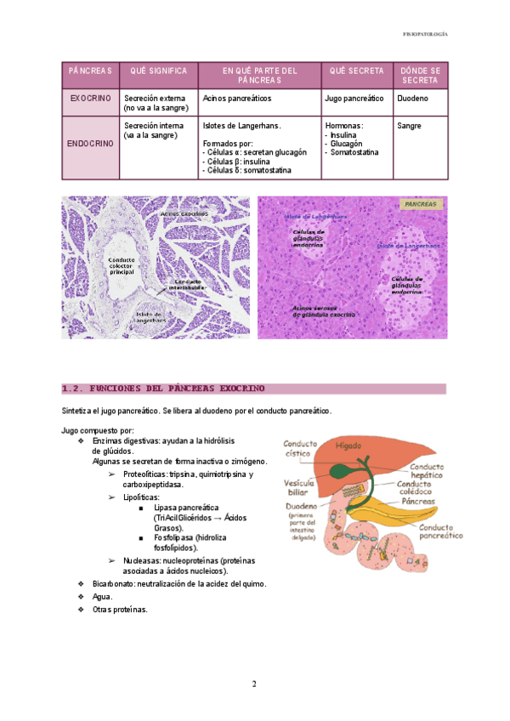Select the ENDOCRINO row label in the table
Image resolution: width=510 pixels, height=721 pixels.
tap(90, 144)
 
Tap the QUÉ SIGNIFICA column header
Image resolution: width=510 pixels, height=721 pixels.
tap(158, 70)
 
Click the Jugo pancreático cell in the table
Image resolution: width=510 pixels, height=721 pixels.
tap(354, 99)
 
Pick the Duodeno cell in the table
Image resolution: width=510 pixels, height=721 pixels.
tap(412, 99)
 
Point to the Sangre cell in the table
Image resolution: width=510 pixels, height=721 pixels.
tap(411, 126)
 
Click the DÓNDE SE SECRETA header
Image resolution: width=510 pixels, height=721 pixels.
tap(420, 75)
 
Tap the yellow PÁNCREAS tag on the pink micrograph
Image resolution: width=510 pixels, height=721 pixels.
tap(421, 205)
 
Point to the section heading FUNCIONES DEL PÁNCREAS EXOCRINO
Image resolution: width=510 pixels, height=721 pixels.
tap(165, 389)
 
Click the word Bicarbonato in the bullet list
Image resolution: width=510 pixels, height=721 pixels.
tap(114, 584)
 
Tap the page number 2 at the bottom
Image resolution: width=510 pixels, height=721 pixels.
tap(254, 684)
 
